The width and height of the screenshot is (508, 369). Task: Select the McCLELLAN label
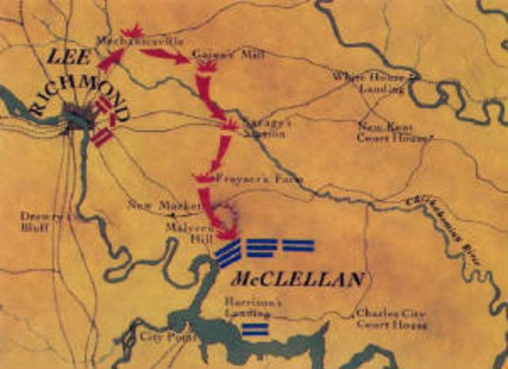(x=298, y=279)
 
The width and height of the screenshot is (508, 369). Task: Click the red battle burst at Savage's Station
(x=229, y=125)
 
